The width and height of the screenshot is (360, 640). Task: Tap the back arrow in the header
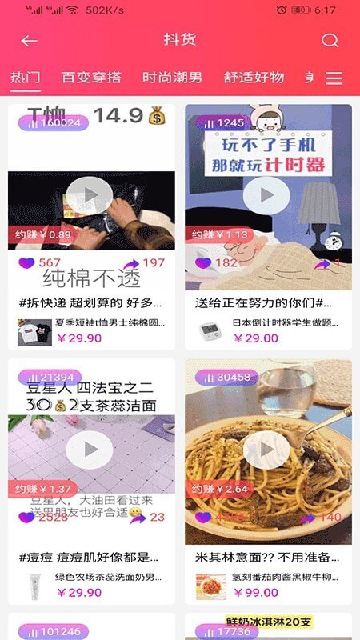click(x=30, y=41)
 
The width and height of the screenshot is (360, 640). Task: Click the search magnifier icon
click(x=330, y=41)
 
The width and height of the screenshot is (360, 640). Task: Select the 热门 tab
click(x=25, y=78)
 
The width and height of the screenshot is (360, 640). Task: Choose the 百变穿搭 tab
click(x=91, y=78)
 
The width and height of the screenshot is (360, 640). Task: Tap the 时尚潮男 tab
click(x=172, y=78)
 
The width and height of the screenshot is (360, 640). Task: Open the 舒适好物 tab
click(x=254, y=78)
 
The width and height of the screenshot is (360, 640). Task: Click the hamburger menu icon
click(x=334, y=78)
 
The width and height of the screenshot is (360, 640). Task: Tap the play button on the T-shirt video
click(x=91, y=194)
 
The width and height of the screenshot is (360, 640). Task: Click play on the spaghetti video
click(x=267, y=450)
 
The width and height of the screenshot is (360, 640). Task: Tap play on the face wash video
click(x=91, y=450)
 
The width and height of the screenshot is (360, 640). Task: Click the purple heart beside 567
click(x=26, y=262)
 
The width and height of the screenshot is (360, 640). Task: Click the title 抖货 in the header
click(x=180, y=40)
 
